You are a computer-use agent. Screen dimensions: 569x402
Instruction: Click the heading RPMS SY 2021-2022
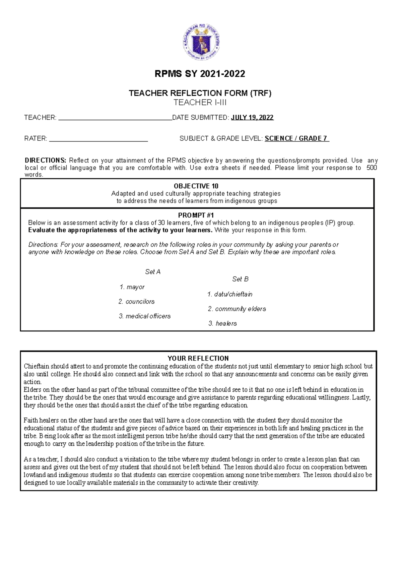200,74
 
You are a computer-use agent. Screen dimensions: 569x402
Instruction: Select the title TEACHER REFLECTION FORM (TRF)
200,93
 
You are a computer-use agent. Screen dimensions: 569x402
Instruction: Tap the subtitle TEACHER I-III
200,103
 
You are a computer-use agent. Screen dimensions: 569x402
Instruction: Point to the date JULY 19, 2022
252,118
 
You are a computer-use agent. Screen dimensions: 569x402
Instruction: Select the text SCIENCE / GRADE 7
296,139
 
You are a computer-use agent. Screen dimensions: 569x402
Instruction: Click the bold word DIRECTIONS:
46,161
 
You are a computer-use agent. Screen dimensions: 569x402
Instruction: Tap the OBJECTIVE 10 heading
196,186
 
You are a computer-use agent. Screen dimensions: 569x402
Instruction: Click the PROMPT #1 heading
196,215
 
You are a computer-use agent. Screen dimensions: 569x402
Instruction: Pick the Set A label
153,272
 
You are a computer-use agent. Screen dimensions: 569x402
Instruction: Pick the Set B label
240,279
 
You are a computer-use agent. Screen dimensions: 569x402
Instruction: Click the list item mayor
135,287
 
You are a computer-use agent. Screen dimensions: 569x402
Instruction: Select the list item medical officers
148,316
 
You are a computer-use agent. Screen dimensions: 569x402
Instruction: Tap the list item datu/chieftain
233,294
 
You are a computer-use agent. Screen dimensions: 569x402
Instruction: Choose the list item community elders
240,309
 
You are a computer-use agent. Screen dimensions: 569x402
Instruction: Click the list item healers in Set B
226,323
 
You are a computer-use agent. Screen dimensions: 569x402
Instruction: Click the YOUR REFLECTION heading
198,358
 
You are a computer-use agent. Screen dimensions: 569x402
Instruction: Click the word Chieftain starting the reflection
36,366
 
